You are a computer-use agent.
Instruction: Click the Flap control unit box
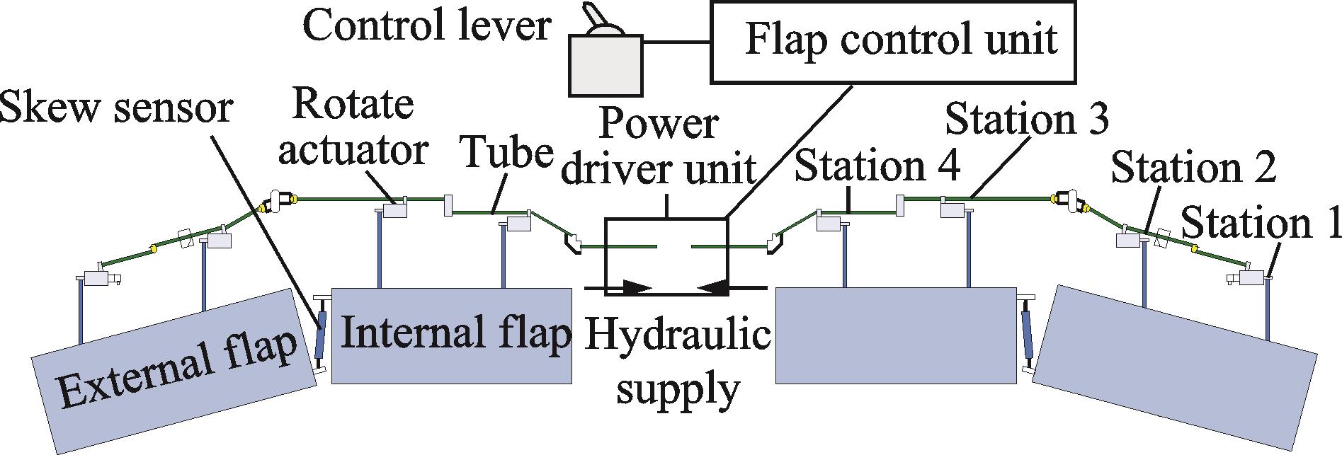click(894, 40)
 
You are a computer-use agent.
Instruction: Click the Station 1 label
click(1261, 223)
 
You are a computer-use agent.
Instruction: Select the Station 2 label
click(1193, 168)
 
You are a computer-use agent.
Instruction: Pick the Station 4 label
click(877, 166)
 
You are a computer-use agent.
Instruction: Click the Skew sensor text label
click(117, 108)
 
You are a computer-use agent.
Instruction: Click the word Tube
click(506, 152)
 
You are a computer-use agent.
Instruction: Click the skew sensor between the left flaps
click(321, 333)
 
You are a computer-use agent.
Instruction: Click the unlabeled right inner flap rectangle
click(896, 335)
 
